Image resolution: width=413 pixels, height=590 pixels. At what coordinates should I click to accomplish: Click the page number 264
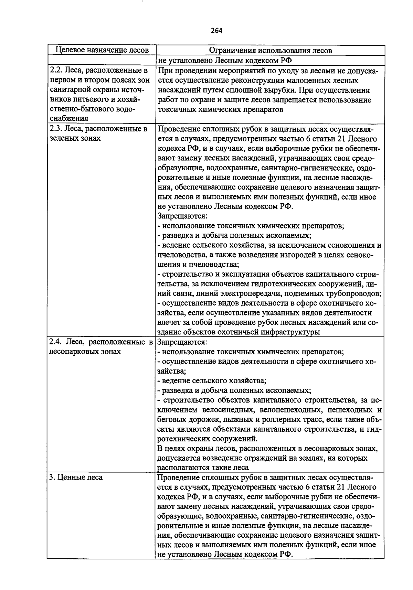[216, 31]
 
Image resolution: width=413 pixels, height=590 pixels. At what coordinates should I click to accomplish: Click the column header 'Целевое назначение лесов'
[102, 50]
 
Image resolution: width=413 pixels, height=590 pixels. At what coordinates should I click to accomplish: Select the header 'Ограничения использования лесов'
[271, 50]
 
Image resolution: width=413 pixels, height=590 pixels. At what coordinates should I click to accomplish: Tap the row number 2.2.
[55, 71]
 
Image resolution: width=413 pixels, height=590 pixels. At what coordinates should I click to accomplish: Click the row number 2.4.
[55, 342]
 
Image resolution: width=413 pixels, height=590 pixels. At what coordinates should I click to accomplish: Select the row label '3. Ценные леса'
[76, 478]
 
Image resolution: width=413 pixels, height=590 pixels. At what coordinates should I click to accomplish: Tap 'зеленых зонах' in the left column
[75, 138]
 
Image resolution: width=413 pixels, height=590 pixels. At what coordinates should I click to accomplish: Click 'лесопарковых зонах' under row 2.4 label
[85, 352]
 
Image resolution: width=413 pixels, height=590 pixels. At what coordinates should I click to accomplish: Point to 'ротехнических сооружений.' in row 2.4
[207, 439]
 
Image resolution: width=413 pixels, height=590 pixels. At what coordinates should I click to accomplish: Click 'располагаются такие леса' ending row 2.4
[203, 468]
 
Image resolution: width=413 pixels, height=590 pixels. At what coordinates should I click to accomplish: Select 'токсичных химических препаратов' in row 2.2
[220, 109]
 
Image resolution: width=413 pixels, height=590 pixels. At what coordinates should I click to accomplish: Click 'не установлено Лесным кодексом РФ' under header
[224, 61]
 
